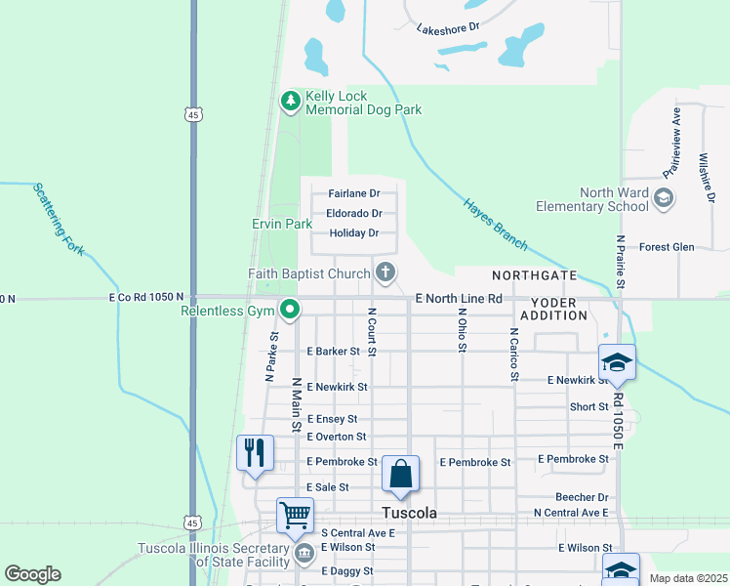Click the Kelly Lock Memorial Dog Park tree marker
pyautogui.click(x=290, y=100)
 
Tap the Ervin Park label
pyautogui.click(x=282, y=225)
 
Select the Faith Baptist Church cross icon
pyautogui.click(x=385, y=272)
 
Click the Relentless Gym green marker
pyautogui.click(x=290, y=312)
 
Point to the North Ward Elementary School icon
pyautogui.click(x=664, y=199)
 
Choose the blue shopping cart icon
pyautogui.click(x=295, y=514)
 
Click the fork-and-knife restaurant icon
pyautogui.click(x=255, y=452)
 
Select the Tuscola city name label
pyautogui.click(x=408, y=513)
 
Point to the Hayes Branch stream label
pyautogui.click(x=495, y=221)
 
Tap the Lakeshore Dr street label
pyautogui.click(x=449, y=28)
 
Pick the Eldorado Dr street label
pyautogui.click(x=353, y=214)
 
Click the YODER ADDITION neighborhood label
pyautogui.click(x=553, y=309)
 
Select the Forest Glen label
pyautogui.click(x=667, y=247)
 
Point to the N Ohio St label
pyautogui.click(x=463, y=332)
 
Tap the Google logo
pyautogui.click(x=32, y=574)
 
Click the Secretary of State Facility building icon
pyautogui.click(x=304, y=554)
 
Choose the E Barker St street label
pyautogui.click(x=335, y=351)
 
